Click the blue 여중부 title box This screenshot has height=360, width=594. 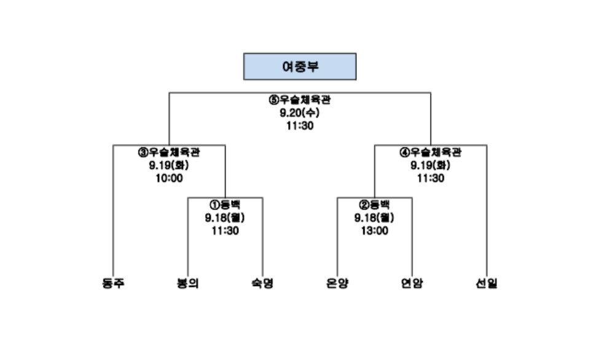click(300, 66)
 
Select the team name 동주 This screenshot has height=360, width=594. click(113, 284)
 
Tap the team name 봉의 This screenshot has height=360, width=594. click(188, 284)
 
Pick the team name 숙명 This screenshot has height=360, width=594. click(262, 284)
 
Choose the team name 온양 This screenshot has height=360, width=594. click(337, 284)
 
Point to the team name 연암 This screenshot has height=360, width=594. click(412, 284)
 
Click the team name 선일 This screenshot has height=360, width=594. click(487, 284)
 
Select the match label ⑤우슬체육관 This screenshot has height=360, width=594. click(300, 100)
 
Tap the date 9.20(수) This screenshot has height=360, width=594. click(300, 113)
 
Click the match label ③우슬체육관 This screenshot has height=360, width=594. click(169, 152)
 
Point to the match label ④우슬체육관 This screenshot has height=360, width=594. click(431, 152)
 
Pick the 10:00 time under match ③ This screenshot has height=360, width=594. click(169, 179)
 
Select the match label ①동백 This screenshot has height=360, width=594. click(225, 205)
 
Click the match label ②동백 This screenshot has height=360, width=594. click(374, 205)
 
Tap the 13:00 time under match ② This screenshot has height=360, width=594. click(374, 231)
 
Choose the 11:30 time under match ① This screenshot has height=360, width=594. click(225, 231)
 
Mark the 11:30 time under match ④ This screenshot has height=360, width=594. click(431, 179)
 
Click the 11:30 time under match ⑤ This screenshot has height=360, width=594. click(300, 126)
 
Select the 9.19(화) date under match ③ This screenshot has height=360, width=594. click(169, 166)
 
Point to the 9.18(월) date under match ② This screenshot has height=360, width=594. click(374, 218)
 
